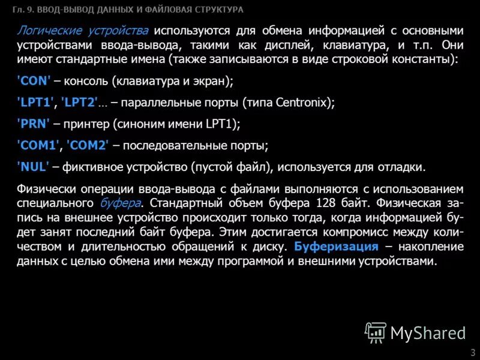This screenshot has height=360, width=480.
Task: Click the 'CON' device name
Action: pyautogui.click(x=34, y=82)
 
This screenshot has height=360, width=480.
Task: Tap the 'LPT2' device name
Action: pyautogui.click(x=80, y=103)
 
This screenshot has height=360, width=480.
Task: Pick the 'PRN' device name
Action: pyautogui.click(x=34, y=124)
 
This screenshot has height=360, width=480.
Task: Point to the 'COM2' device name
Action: pyautogui.click(x=88, y=145)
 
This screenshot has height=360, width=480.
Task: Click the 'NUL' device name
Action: pyautogui.click(x=34, y=166)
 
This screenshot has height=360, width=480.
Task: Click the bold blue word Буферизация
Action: pyautogui.click(x=337, y=247)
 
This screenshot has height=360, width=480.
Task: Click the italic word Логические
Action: pyautogui.click(x=43, y=31)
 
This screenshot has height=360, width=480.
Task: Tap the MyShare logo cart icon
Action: pyautogui.click(x=376, y=332)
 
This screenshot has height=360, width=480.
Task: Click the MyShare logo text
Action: pyautogui.click(x=428, y=332)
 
